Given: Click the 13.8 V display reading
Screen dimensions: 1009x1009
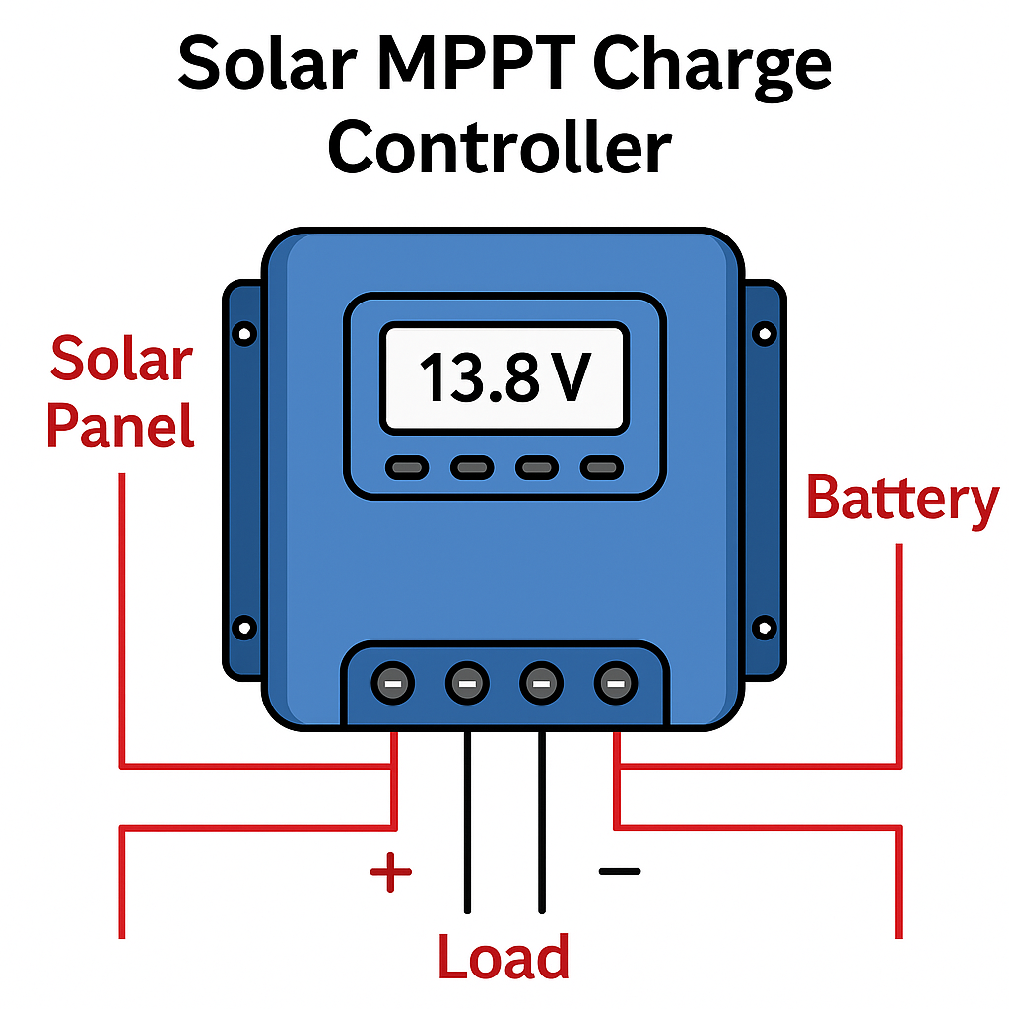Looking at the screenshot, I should (504, 378).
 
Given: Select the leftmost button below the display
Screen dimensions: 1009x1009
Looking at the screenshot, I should (405, 467).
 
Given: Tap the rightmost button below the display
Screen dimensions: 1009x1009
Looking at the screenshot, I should (602, 467).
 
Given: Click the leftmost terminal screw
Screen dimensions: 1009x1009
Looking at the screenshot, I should (392, 682).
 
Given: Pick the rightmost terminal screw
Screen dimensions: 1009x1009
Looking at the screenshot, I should (615, 682).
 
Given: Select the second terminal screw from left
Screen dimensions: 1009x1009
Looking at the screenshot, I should (467, 682).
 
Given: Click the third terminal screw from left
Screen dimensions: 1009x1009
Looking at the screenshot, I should (541, 682).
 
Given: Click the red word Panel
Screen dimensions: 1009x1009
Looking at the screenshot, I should (120, 426).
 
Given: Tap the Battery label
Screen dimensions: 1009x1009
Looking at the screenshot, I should (902, 499).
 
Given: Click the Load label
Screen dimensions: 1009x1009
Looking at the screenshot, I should (504, 956).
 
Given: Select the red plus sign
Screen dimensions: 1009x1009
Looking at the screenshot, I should (390, 872).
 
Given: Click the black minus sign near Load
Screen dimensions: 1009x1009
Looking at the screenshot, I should (620, 871).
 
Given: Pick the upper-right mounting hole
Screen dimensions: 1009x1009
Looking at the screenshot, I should (764, 334).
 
